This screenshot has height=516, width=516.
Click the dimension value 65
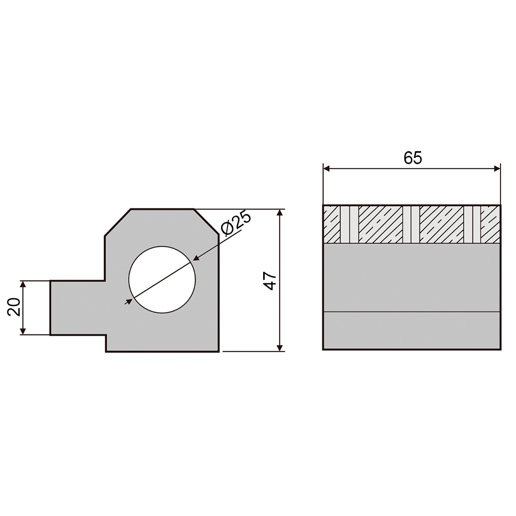[413, 158]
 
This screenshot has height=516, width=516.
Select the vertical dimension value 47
[270, 281]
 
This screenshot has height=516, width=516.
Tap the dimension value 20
[14, 307]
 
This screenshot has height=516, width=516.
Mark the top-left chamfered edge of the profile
[118, 222]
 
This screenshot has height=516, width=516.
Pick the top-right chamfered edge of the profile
[206, 221]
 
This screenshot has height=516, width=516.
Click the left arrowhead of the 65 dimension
[327, 169]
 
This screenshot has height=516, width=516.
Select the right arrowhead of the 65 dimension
[497, 169]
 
